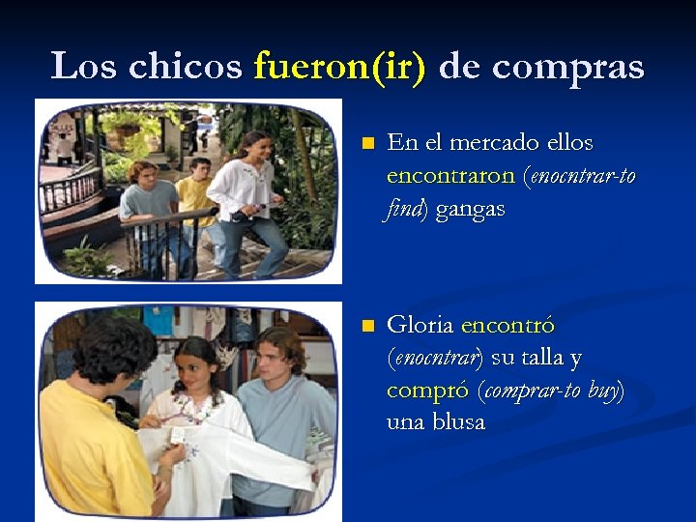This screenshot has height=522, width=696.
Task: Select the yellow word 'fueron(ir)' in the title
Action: [338, 66]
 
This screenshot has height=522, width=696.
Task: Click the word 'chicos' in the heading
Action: [185, 66]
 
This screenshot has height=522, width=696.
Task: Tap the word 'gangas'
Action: [470, 209]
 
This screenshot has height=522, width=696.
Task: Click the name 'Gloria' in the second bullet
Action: [421, 326]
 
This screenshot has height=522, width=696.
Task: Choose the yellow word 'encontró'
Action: [508, 326]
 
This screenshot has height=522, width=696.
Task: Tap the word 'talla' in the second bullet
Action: [545, 358]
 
